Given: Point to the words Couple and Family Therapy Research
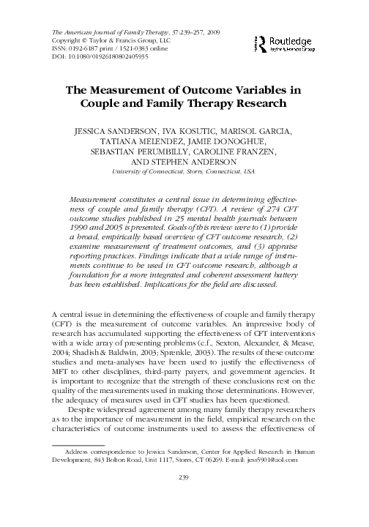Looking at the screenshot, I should (x=184, y=104).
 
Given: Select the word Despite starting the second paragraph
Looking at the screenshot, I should (x=82, y=430).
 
